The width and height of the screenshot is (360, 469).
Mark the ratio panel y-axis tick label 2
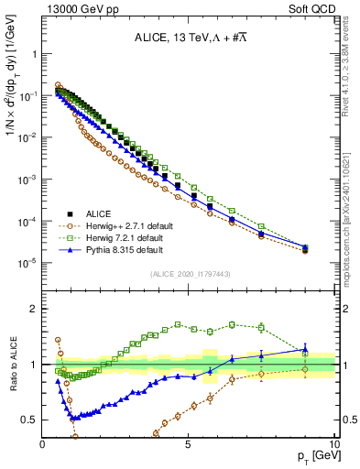pos(35,309)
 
